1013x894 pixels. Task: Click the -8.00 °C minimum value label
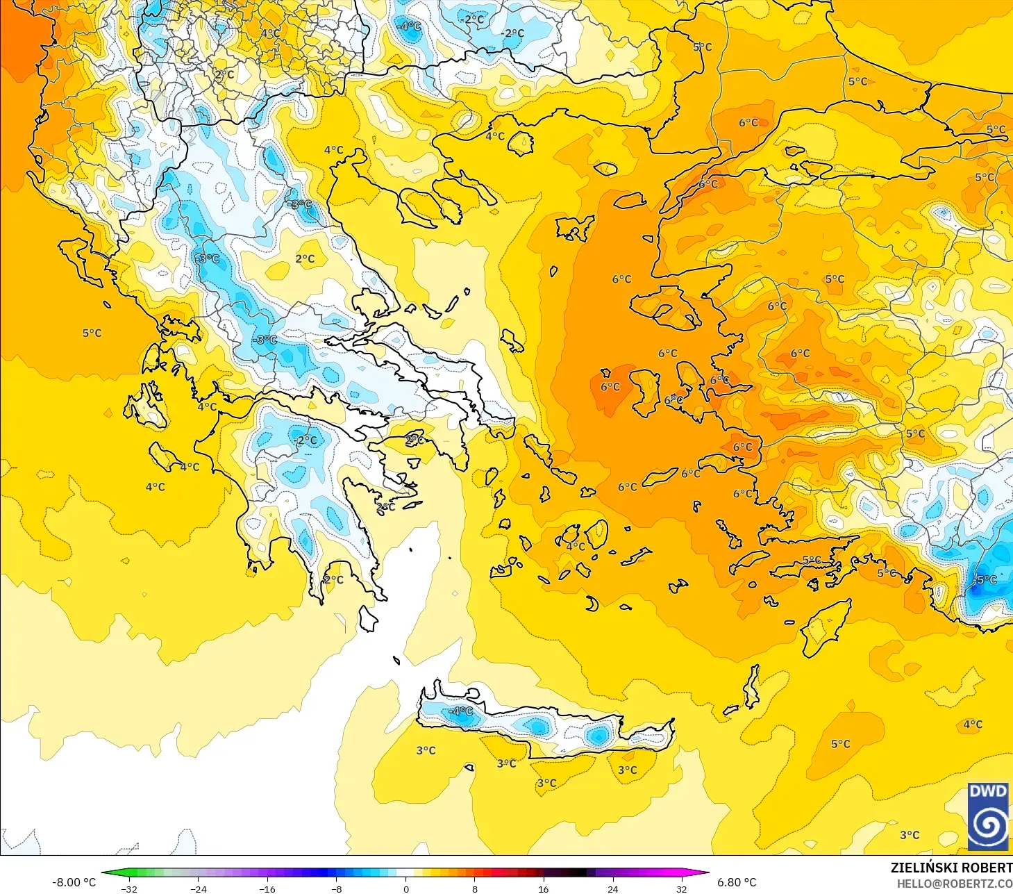coord(74,882)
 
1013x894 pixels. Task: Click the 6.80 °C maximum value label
coord(737,882)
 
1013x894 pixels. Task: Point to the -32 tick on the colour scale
coord(129,888)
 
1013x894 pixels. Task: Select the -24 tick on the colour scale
coord(199,888)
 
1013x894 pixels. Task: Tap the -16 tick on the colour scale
coord(267,888)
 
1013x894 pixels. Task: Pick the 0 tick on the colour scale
coord(406,888)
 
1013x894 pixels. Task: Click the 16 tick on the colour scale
coord(544,888)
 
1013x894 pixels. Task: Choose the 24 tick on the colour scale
coord(612,888)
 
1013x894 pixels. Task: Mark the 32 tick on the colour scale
coord(682,888)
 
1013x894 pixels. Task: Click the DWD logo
coord(988,816)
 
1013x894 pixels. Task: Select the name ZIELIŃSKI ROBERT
coord(951,868)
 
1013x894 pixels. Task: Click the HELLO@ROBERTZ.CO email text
coord(954,884)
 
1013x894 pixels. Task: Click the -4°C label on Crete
coord(460,711)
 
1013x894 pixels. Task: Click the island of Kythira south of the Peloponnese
coord(368,618)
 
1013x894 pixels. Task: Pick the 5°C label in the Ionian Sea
coord(92,333)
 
